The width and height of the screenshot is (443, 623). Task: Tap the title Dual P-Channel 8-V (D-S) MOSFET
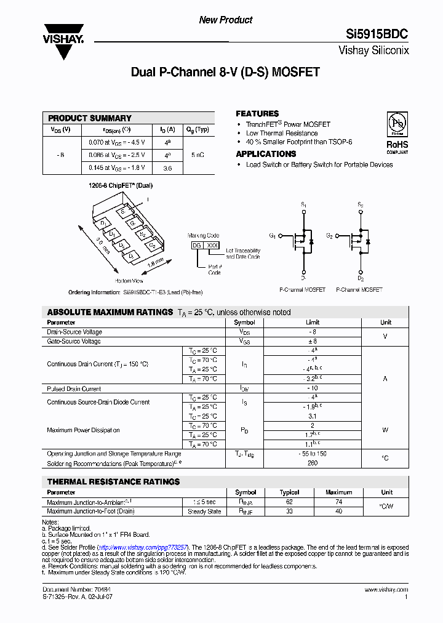[225, 72]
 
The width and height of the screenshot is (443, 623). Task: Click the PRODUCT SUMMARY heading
[90, 118]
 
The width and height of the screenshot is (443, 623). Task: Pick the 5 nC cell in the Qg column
[198, 155]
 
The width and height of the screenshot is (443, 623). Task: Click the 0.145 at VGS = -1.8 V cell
[116, 168]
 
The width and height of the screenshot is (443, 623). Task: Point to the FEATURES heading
[257, 114]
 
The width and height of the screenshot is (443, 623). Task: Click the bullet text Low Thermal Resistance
[282, 133]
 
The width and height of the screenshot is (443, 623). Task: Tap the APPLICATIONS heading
[266, 154]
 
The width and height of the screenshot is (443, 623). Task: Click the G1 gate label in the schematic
[273, 236]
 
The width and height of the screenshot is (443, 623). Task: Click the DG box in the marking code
[197, 245]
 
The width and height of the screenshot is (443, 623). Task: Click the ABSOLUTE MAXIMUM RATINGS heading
[110, 312]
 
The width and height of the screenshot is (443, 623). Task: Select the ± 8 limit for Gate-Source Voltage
[313, 341]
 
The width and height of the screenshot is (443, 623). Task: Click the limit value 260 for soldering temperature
[313, 462]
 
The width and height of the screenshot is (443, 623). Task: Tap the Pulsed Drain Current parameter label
[74, 389]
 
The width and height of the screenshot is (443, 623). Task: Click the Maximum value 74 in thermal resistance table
[338, 502]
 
